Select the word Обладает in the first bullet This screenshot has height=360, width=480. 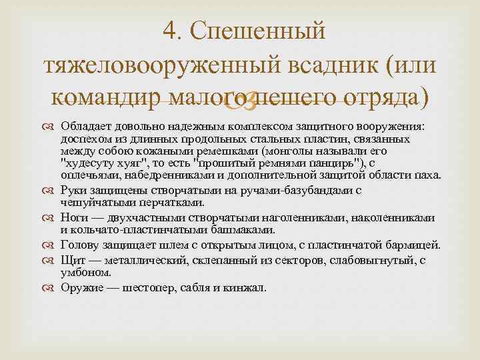[x=82, y=127]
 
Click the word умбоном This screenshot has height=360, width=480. [x=85, y=272]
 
